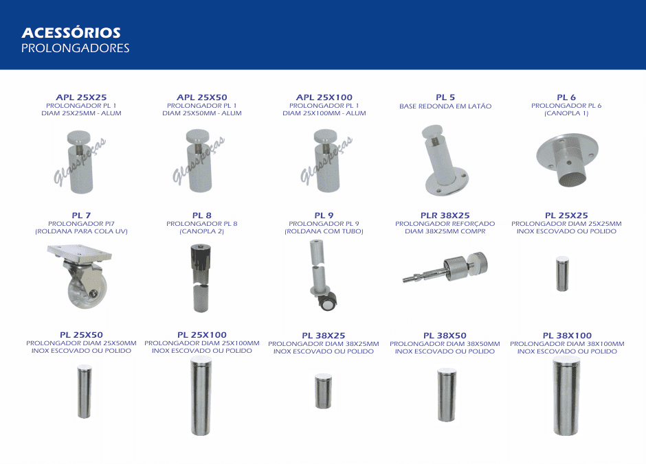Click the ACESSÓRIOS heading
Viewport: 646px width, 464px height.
71,32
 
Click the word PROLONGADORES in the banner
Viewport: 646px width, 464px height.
76,48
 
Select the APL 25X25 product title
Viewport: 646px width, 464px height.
81,97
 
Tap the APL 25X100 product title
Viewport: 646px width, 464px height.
324,97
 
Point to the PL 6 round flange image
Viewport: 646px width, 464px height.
567,159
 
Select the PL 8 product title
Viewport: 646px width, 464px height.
202,216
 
